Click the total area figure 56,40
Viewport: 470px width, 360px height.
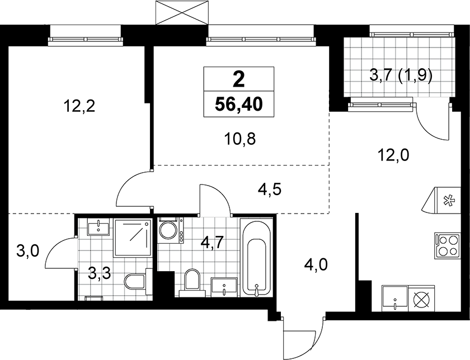coord(239,104)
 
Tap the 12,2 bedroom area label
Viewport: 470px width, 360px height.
coord(79,106)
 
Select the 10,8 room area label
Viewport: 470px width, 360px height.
coord(240,139)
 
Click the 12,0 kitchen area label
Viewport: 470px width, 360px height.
coord(393,155)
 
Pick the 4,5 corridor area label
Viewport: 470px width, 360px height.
coord(270,190)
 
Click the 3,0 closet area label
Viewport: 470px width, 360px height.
coord(28,251)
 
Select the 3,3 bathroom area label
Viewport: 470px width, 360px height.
coord(100,273)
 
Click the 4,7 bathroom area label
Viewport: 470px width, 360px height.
coord(211,243)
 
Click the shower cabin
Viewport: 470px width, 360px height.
coord(132,238)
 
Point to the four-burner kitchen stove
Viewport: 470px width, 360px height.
coord(447,245)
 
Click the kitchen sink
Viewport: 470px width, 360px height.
coord(395,299)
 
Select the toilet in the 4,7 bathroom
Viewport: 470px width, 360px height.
coord(192,280)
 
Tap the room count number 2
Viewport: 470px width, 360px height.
coord(239,79)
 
